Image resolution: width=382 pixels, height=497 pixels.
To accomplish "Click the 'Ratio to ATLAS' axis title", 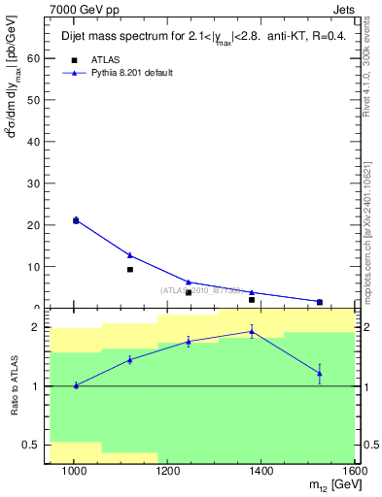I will pyautogui.click(x=13, y=386).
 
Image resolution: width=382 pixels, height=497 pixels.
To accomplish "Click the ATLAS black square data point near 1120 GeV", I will pyautogui.click(x=130, y=269).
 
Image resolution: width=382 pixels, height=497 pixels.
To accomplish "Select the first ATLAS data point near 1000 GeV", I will pyautogui.click(x=76, y=220).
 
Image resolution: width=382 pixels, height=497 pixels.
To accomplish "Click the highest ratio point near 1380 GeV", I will pyautogui.click(x=252, y=331).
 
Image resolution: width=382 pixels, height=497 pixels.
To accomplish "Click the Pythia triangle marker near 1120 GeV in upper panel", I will pyautogui.click(x=130, y=255).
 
